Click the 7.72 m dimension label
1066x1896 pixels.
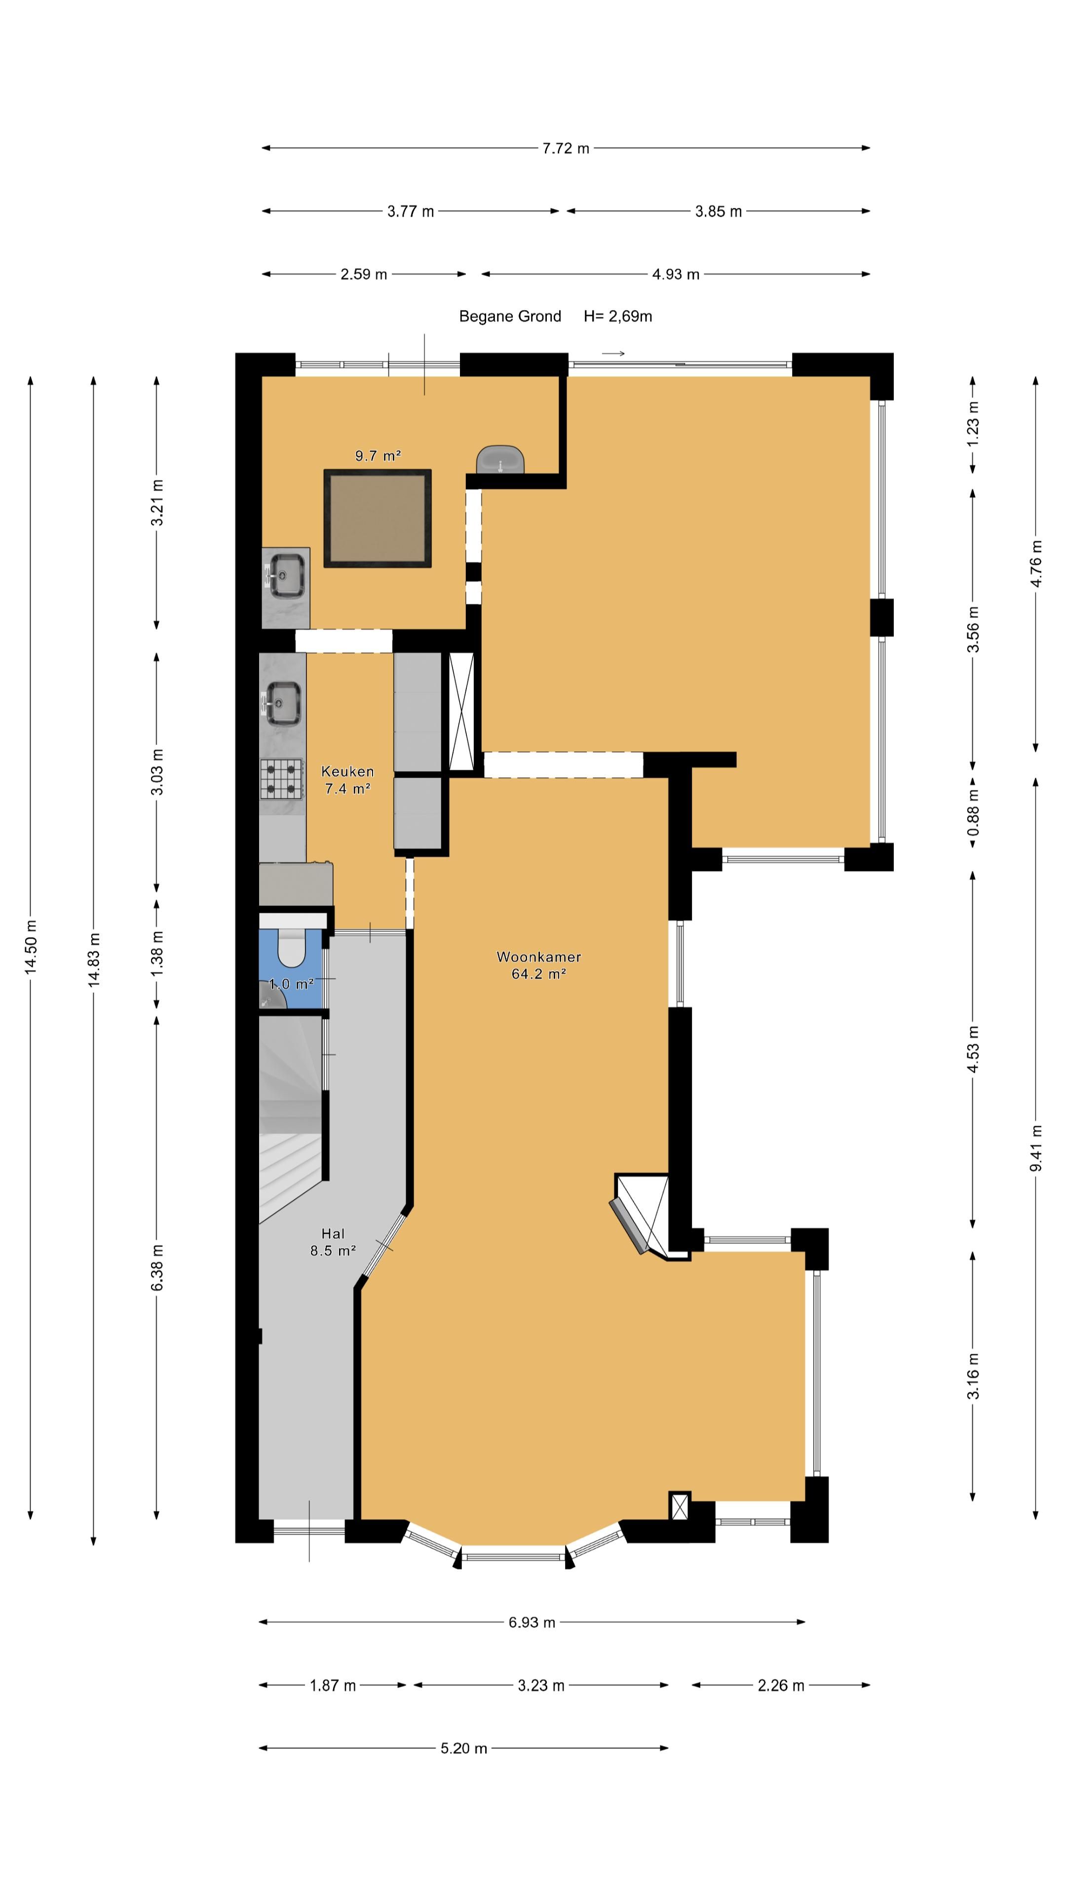pos(565,148)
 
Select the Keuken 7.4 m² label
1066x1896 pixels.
pos(347,780)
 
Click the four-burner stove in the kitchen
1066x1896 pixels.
pos(281,779)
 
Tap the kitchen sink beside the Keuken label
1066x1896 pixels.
pos(283,703)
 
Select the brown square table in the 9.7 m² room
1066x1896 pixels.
pos(378,518)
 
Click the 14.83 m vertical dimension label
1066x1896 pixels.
pos(93,958)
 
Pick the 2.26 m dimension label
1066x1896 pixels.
pos(781,1685)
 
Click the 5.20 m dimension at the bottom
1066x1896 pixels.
pos(463,1748)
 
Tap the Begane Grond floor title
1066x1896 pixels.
pos(510,316)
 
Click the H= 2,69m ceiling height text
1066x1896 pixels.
pos(617,316)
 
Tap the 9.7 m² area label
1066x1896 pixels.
pos(378,456)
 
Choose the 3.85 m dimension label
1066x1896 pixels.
pos(718,211)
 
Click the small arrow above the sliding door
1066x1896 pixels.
pos(613,354)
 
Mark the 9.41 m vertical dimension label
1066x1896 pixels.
pos(1035,1147)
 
